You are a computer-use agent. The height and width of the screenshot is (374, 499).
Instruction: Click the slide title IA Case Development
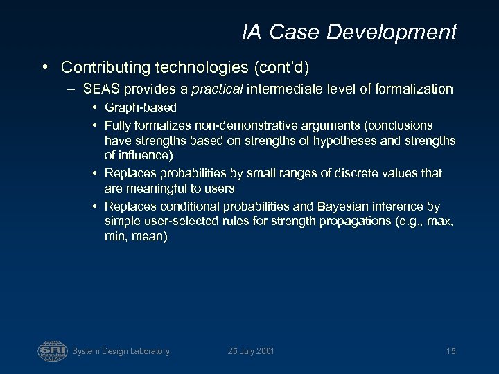pyautogui.click(x=349, y=32)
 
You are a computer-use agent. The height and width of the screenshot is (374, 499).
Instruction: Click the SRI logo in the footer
pyautogui.click(x=52, y=350)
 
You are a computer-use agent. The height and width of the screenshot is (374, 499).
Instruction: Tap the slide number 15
pyautogui.click(x=450, y=351)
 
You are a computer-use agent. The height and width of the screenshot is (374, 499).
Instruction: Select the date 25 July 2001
pyautogui.click(x=251, y=351)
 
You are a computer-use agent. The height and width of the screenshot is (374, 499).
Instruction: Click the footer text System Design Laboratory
pyautogui.click(x=121, y=351)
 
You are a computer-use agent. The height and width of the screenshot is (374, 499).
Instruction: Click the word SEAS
pyautogui.click(x=99, y=89)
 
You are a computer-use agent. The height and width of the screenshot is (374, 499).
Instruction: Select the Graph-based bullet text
pyautogui.click(x=141, y=107)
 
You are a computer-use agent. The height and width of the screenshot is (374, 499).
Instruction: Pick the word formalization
pyautogui.click(x=412, y=89)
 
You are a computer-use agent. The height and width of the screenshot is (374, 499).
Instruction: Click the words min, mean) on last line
pyautogui.click(x=135, y=236)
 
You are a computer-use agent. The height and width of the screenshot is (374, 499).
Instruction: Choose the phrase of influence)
pyautogui.click(x=138, y=156)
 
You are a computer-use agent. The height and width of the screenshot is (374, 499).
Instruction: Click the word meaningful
pyautogui.click(x=158, y=188)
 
